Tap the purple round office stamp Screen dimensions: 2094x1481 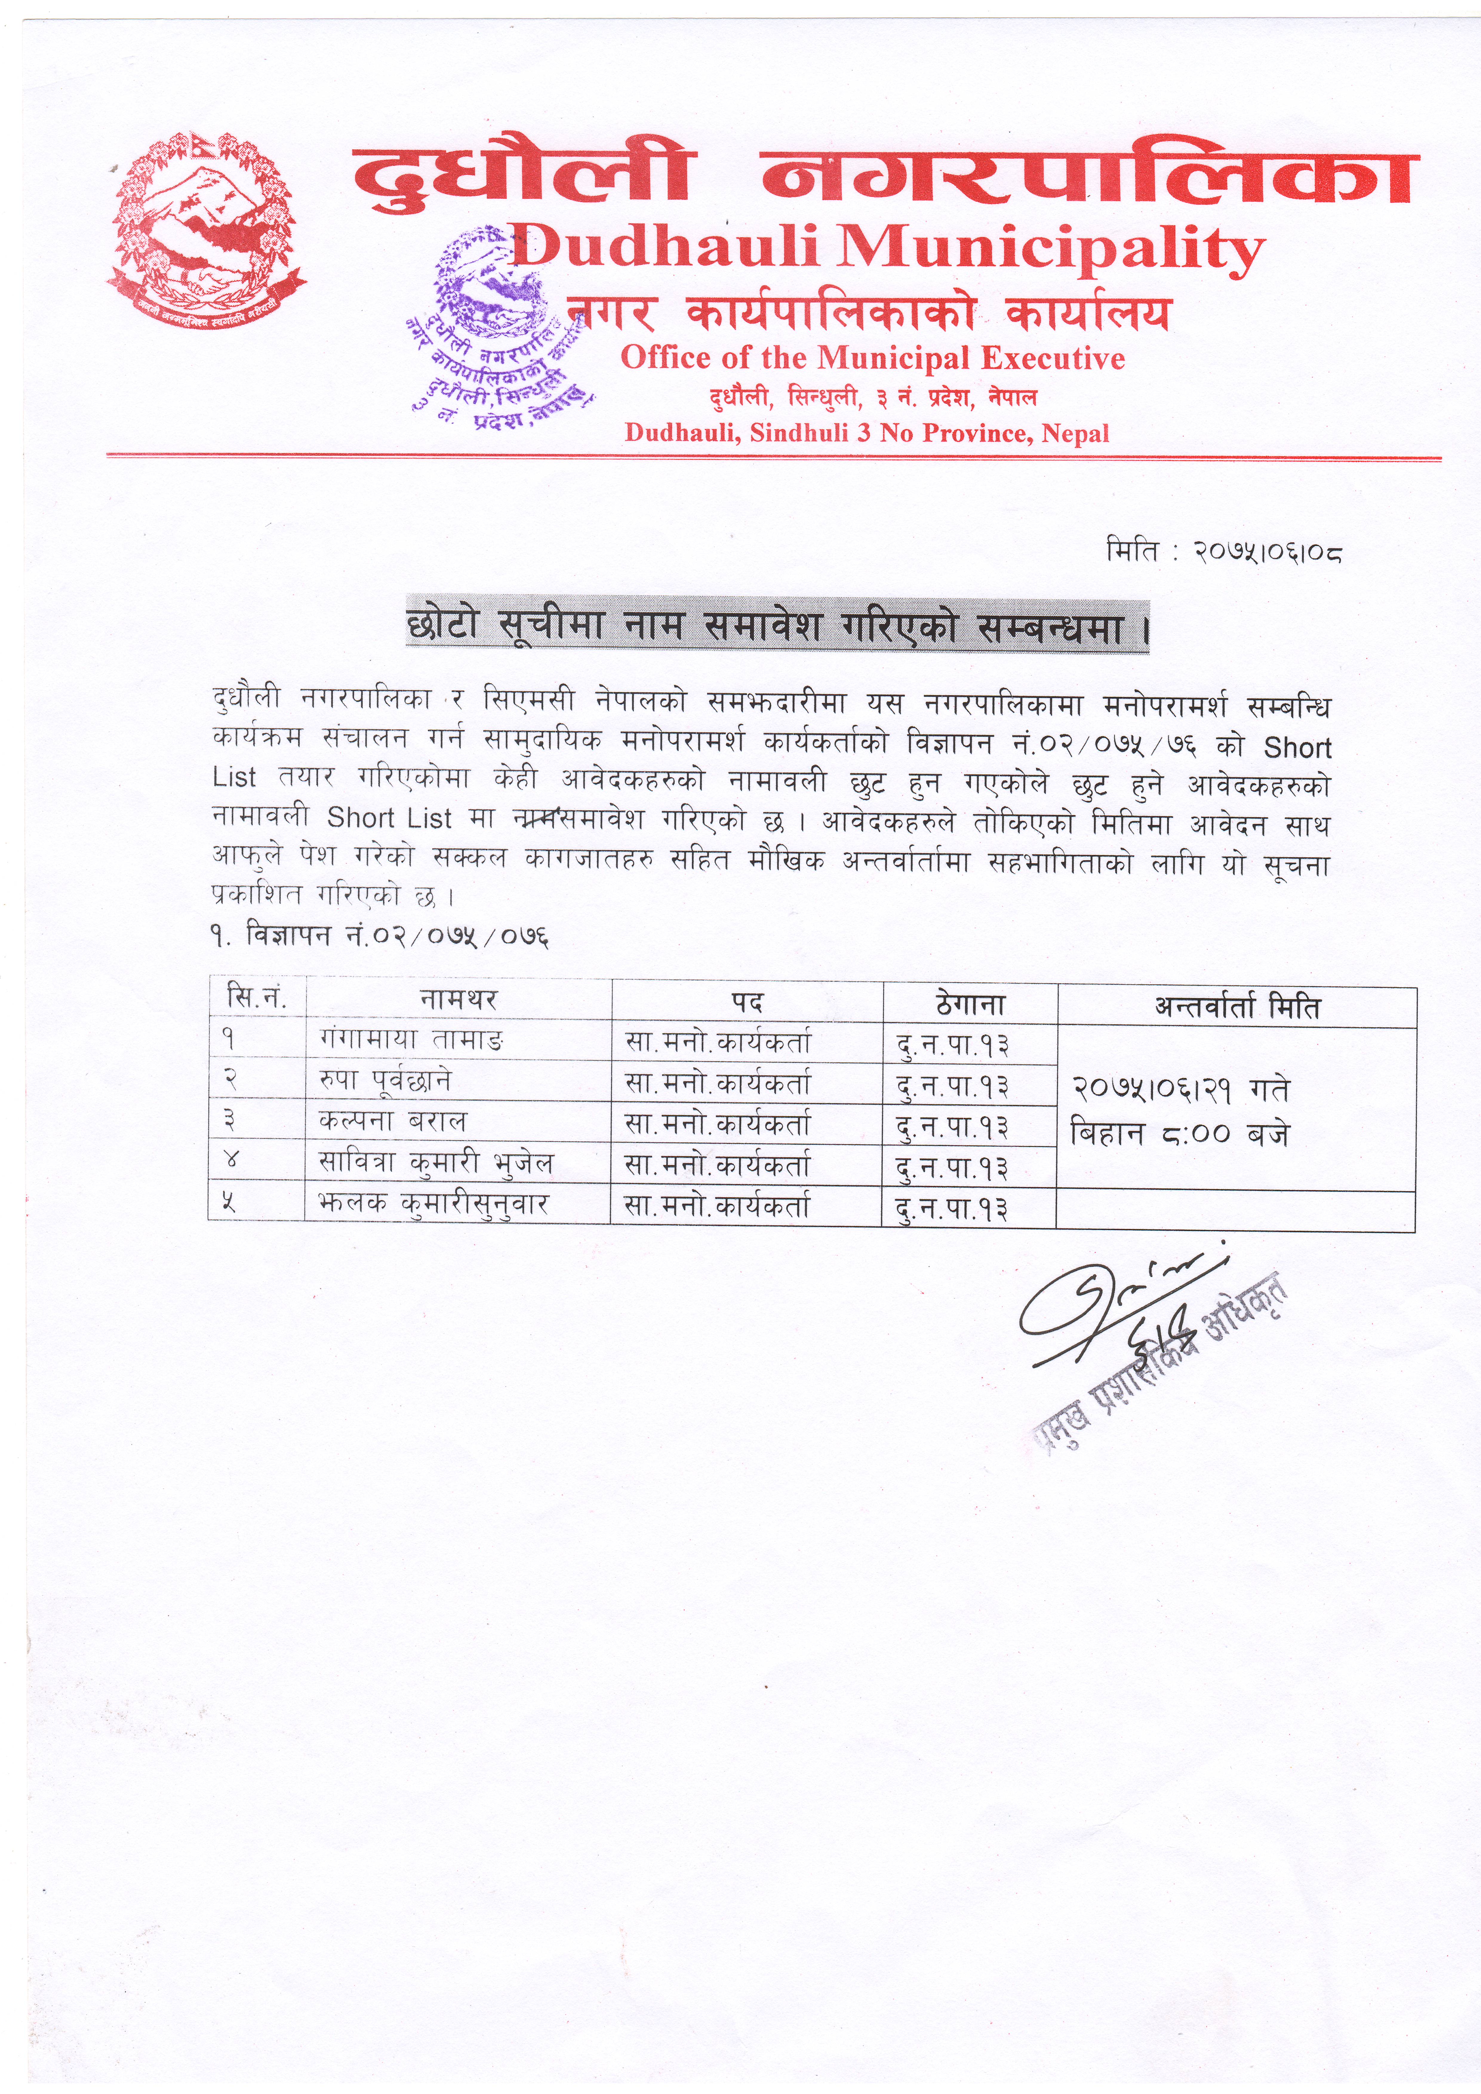497,328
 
